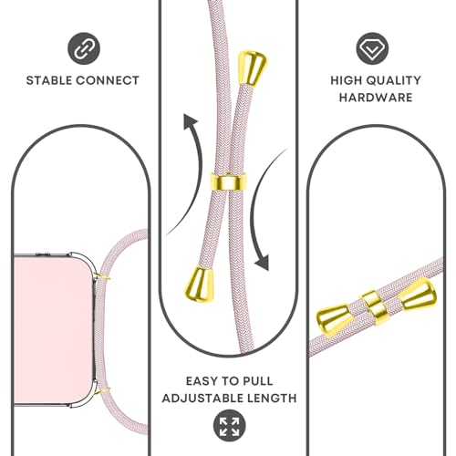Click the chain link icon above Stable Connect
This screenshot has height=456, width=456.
point(84,48)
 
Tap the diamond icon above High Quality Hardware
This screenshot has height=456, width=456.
point(372,48)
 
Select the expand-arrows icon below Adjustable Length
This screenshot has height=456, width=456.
point(229,425)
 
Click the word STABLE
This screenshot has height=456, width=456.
point(49,80)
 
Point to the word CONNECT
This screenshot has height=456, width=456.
point(108,80)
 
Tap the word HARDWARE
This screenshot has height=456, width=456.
point(376,98)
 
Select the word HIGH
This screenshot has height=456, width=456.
point(347,80)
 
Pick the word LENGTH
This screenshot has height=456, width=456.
point(265,398)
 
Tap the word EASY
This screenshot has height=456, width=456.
point(200,381)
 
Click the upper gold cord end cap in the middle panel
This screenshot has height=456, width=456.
point(252,68)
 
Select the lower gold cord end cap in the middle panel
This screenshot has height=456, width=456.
point(200,282)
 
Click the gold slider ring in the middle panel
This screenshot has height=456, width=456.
point(228,181)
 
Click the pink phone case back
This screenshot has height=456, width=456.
point(53,330)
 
